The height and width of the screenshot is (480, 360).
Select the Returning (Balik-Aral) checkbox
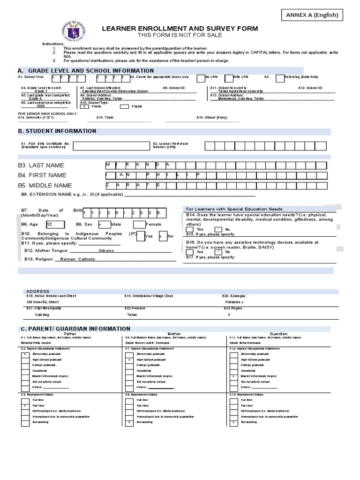280,78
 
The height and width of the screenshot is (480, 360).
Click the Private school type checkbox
124,106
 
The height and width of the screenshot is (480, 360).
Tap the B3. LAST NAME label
41,165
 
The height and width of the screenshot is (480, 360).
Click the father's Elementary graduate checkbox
25,354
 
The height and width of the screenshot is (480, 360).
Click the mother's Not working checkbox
129,422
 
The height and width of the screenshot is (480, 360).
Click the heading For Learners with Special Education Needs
234,209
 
